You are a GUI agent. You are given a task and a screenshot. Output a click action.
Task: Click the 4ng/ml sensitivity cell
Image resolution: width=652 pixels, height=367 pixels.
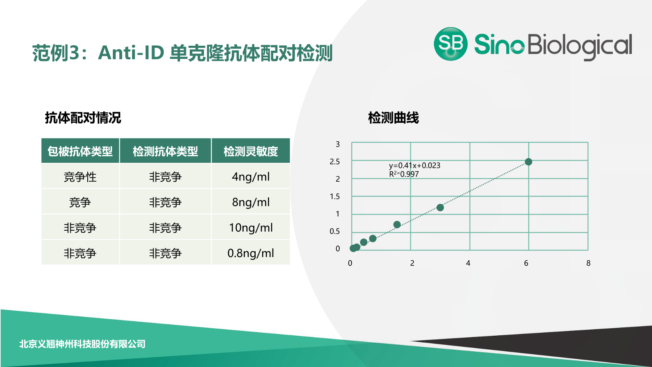[251, 177]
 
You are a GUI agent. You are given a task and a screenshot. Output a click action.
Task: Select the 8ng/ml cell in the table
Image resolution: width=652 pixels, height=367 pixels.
[251, 202]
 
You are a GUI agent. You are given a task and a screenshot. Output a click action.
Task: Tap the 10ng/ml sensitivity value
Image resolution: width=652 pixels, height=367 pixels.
[251, 227]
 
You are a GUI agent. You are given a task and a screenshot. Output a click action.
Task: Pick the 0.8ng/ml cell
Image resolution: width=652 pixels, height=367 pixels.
[251, 253]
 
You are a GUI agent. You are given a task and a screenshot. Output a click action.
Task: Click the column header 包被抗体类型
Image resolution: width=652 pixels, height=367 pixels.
[80, 151]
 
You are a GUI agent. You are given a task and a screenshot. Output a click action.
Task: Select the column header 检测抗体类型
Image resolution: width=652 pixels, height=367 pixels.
[165, 151]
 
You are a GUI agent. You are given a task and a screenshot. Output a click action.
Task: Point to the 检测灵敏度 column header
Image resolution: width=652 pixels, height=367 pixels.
[251, 151]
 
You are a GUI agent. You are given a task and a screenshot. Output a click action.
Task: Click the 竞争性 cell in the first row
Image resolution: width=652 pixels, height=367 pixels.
[80, 177]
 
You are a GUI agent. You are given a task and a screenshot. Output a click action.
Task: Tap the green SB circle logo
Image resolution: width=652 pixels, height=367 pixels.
[451, 44]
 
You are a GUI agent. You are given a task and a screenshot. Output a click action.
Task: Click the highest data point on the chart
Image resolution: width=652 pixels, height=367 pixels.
[529, 161]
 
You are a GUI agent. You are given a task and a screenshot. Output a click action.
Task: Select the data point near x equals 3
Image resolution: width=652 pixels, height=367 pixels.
[440, 207]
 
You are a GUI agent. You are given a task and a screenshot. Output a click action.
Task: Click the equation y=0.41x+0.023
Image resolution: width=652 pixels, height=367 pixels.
[414, 166]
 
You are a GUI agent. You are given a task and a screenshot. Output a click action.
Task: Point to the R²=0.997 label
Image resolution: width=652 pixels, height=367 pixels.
[404, 174]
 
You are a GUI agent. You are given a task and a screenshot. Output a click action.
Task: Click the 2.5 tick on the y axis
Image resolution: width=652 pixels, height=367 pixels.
[335, 161]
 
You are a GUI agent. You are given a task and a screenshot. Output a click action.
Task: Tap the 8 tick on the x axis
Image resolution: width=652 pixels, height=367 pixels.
[588, 263]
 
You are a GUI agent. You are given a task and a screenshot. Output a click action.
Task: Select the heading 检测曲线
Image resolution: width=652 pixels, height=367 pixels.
[393, 118]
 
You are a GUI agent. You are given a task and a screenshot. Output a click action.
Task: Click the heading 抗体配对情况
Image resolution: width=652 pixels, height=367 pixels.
[83, 118]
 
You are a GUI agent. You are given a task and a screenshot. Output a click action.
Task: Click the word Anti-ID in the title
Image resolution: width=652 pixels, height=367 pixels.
[131, 53]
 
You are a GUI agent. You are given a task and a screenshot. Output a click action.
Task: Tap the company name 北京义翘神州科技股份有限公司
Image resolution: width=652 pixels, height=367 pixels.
[82, 344]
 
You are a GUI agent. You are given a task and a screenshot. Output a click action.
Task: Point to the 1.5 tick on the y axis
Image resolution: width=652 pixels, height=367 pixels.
[335, 196]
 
